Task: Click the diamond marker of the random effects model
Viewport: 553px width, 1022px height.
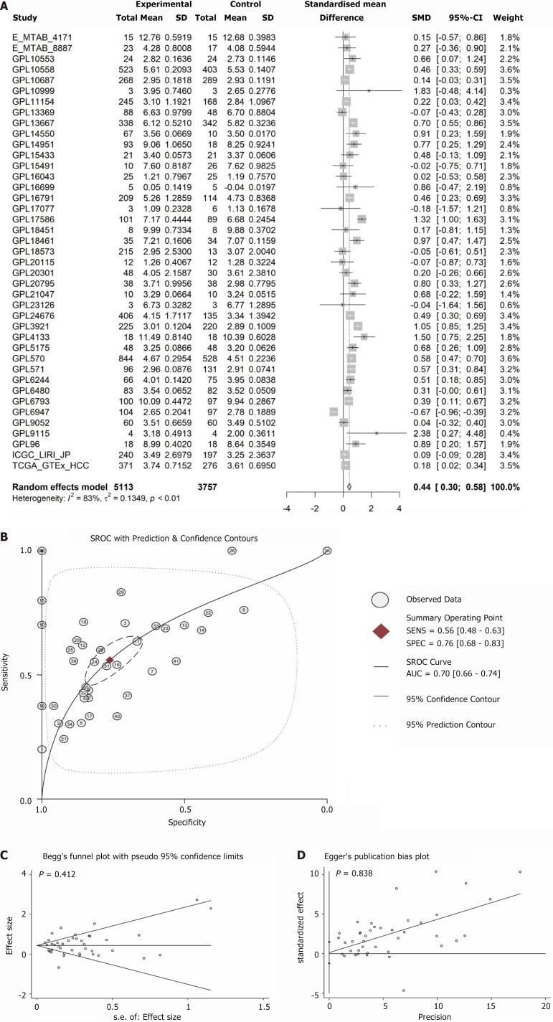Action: click(349, 486)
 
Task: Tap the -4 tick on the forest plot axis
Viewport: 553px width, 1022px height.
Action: click(286, 508)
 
